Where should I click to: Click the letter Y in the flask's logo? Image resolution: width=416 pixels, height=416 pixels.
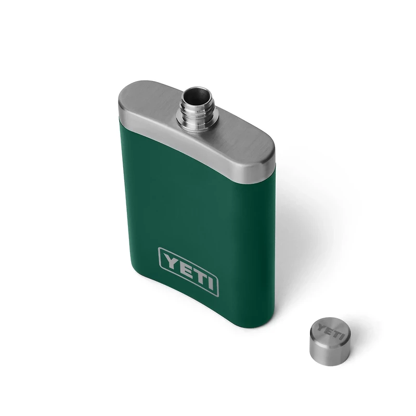[x=170, y=259]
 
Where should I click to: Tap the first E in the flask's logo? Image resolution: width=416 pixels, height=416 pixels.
[x=183, y=266]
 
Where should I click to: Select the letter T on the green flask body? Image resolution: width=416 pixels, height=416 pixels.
[x=196, y=274]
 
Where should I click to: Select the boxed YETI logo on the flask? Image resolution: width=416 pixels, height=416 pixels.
[x=188, y=270]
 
